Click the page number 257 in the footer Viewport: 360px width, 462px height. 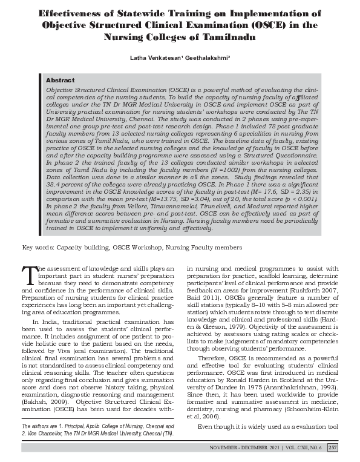click(332, 447)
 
